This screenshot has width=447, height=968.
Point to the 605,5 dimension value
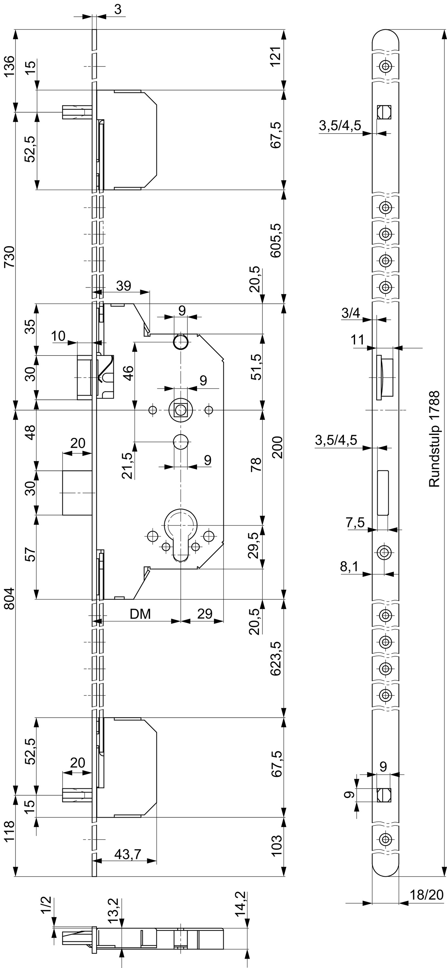(276, 240)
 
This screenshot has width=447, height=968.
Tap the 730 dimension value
(9, 256)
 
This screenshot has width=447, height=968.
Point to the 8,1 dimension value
(349, 567)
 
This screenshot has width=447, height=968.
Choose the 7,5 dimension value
(355, 522)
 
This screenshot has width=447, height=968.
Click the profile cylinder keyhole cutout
(181, 534)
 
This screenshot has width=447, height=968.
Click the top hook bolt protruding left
(77, 112)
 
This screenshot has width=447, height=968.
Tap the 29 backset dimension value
(205, 614)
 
